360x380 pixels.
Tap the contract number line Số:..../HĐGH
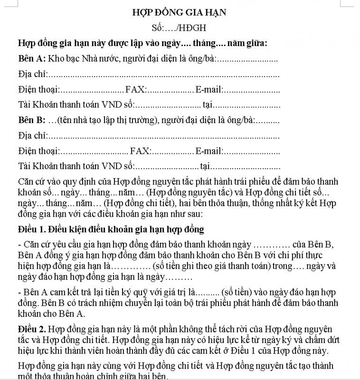179,28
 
